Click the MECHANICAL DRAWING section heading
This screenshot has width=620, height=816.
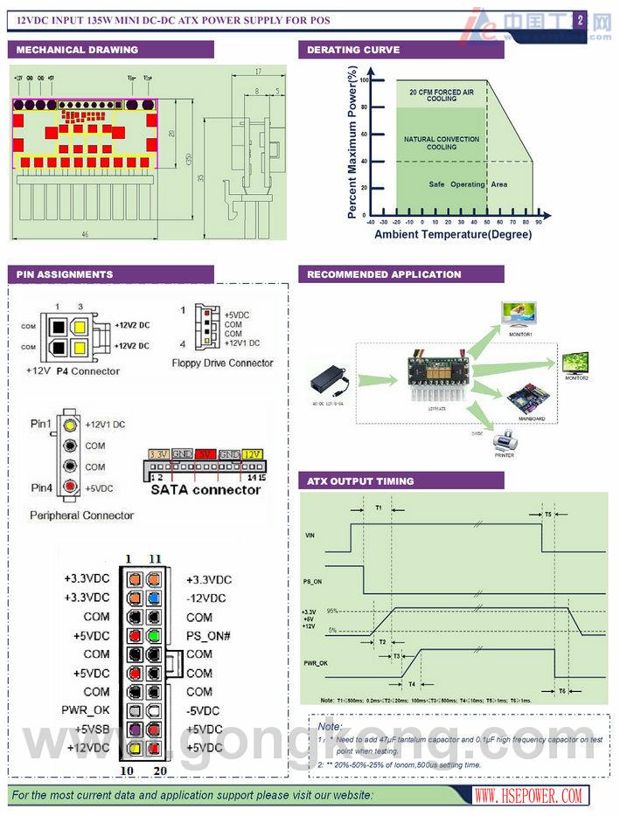(77, 50)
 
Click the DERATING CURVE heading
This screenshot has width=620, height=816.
(353, 50)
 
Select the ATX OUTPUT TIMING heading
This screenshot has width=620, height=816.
(360, 481)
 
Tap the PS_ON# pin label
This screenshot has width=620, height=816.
(207, 635)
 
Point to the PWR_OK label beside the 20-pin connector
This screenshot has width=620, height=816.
(86, 710)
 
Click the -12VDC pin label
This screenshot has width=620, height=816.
(206, 598)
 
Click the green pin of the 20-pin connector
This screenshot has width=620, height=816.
(155, 635)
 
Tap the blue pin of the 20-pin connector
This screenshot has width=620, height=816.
(155, 598)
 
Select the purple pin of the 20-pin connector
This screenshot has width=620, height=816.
(134, 729)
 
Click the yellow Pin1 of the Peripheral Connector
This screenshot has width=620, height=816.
(69, 425)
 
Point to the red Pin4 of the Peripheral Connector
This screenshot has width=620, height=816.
(69, 486)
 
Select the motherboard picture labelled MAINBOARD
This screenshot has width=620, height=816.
(527, 401)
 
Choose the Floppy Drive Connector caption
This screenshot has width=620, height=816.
(222, 363)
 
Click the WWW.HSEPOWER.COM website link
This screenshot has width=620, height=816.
(529, 795)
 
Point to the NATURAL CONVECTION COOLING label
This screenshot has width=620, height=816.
(441, 143)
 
